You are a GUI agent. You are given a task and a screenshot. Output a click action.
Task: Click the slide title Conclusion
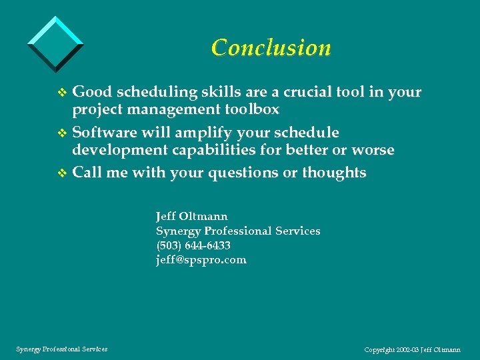271,48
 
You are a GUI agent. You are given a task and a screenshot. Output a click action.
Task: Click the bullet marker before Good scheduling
63,93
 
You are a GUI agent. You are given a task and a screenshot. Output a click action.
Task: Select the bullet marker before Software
63,133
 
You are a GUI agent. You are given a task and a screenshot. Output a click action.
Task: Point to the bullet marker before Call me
63,173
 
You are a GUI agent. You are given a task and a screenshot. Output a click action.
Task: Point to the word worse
374,150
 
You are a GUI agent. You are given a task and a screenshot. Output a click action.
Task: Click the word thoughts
333,173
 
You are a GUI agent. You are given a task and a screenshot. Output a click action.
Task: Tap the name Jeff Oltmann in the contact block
191,217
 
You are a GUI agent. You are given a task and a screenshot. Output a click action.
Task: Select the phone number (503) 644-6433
193,246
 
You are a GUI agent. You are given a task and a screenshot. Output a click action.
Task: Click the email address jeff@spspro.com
201,260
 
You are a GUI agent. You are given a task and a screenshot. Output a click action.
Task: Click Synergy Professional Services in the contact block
238,231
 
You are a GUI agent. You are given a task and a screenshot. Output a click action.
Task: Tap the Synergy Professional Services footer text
61,349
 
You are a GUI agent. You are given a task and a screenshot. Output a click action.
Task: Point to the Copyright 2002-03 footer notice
413,349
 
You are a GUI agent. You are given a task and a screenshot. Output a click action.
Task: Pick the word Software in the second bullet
102,133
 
